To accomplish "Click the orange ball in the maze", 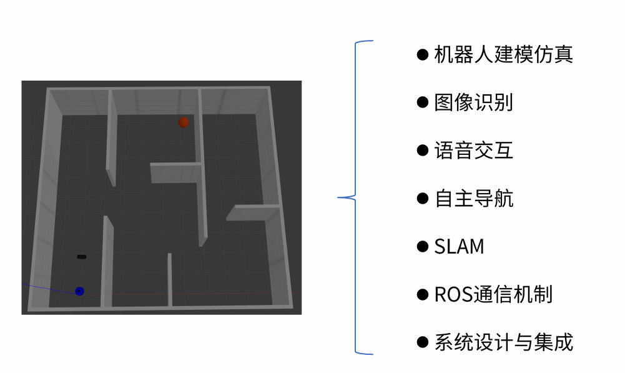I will coord(183,122).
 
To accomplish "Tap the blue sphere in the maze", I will coord(79,291).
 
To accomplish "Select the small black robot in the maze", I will coord(82,256).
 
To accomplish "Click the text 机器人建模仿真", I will coord(503,54).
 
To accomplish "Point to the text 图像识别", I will coord(473,102).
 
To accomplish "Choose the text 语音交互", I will coord(473,151).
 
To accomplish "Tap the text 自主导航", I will coord(473,199).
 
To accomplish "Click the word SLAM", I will coord(459,247).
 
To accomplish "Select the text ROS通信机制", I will coord(493,294).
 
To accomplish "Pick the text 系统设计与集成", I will coord(503,342).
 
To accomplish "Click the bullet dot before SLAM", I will coord(423,247).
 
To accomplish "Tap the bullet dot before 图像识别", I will coord(423,102).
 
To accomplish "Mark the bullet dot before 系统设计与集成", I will coord(423,342).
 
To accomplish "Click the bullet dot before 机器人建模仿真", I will coord(423,54).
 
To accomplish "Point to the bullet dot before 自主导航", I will coord(423,199).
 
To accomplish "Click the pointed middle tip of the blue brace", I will coord(339,198).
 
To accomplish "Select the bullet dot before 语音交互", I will coord(423,151).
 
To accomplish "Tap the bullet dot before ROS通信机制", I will coord(423,294).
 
